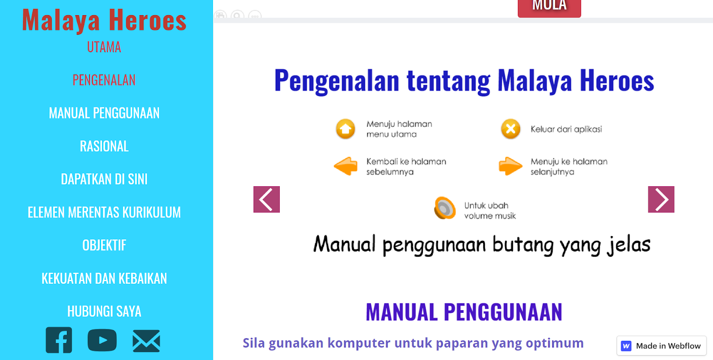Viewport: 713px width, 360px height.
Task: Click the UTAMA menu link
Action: [x=104, y=47]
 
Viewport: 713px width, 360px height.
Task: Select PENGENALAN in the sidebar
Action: [x=104, y=80]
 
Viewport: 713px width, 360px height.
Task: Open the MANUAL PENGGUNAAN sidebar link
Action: [x=104, y=113]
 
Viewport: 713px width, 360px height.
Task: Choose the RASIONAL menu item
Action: [x=104, y=146]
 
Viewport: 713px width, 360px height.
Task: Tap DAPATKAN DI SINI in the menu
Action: [x=104, y=179]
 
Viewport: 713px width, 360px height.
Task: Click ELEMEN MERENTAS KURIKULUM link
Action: [x=104, y=213]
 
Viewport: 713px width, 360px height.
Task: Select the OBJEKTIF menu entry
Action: [x=104, y=245]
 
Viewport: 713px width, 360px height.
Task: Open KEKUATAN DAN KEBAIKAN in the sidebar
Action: [x=104, y=278]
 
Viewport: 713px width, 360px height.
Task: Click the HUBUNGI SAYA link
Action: [x=104, y=311]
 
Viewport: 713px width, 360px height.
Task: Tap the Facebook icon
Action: [x=59, y=340]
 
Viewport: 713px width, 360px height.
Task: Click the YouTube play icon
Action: [x=102, y=340]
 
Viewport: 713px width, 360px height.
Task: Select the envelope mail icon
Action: [x=147, y=341]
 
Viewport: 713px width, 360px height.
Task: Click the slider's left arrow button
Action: [x=267, y=200]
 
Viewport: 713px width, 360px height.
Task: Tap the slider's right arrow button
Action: [x=661, y=200]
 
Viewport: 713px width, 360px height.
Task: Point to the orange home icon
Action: [x=346, y=129]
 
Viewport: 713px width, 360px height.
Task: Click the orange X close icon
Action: [x=511, y=129]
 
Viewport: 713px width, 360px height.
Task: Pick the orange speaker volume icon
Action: [x=445, y=208]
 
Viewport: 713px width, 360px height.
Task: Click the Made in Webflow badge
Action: [x=661, y=346]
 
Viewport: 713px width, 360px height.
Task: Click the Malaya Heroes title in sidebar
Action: [x=104, y=20]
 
